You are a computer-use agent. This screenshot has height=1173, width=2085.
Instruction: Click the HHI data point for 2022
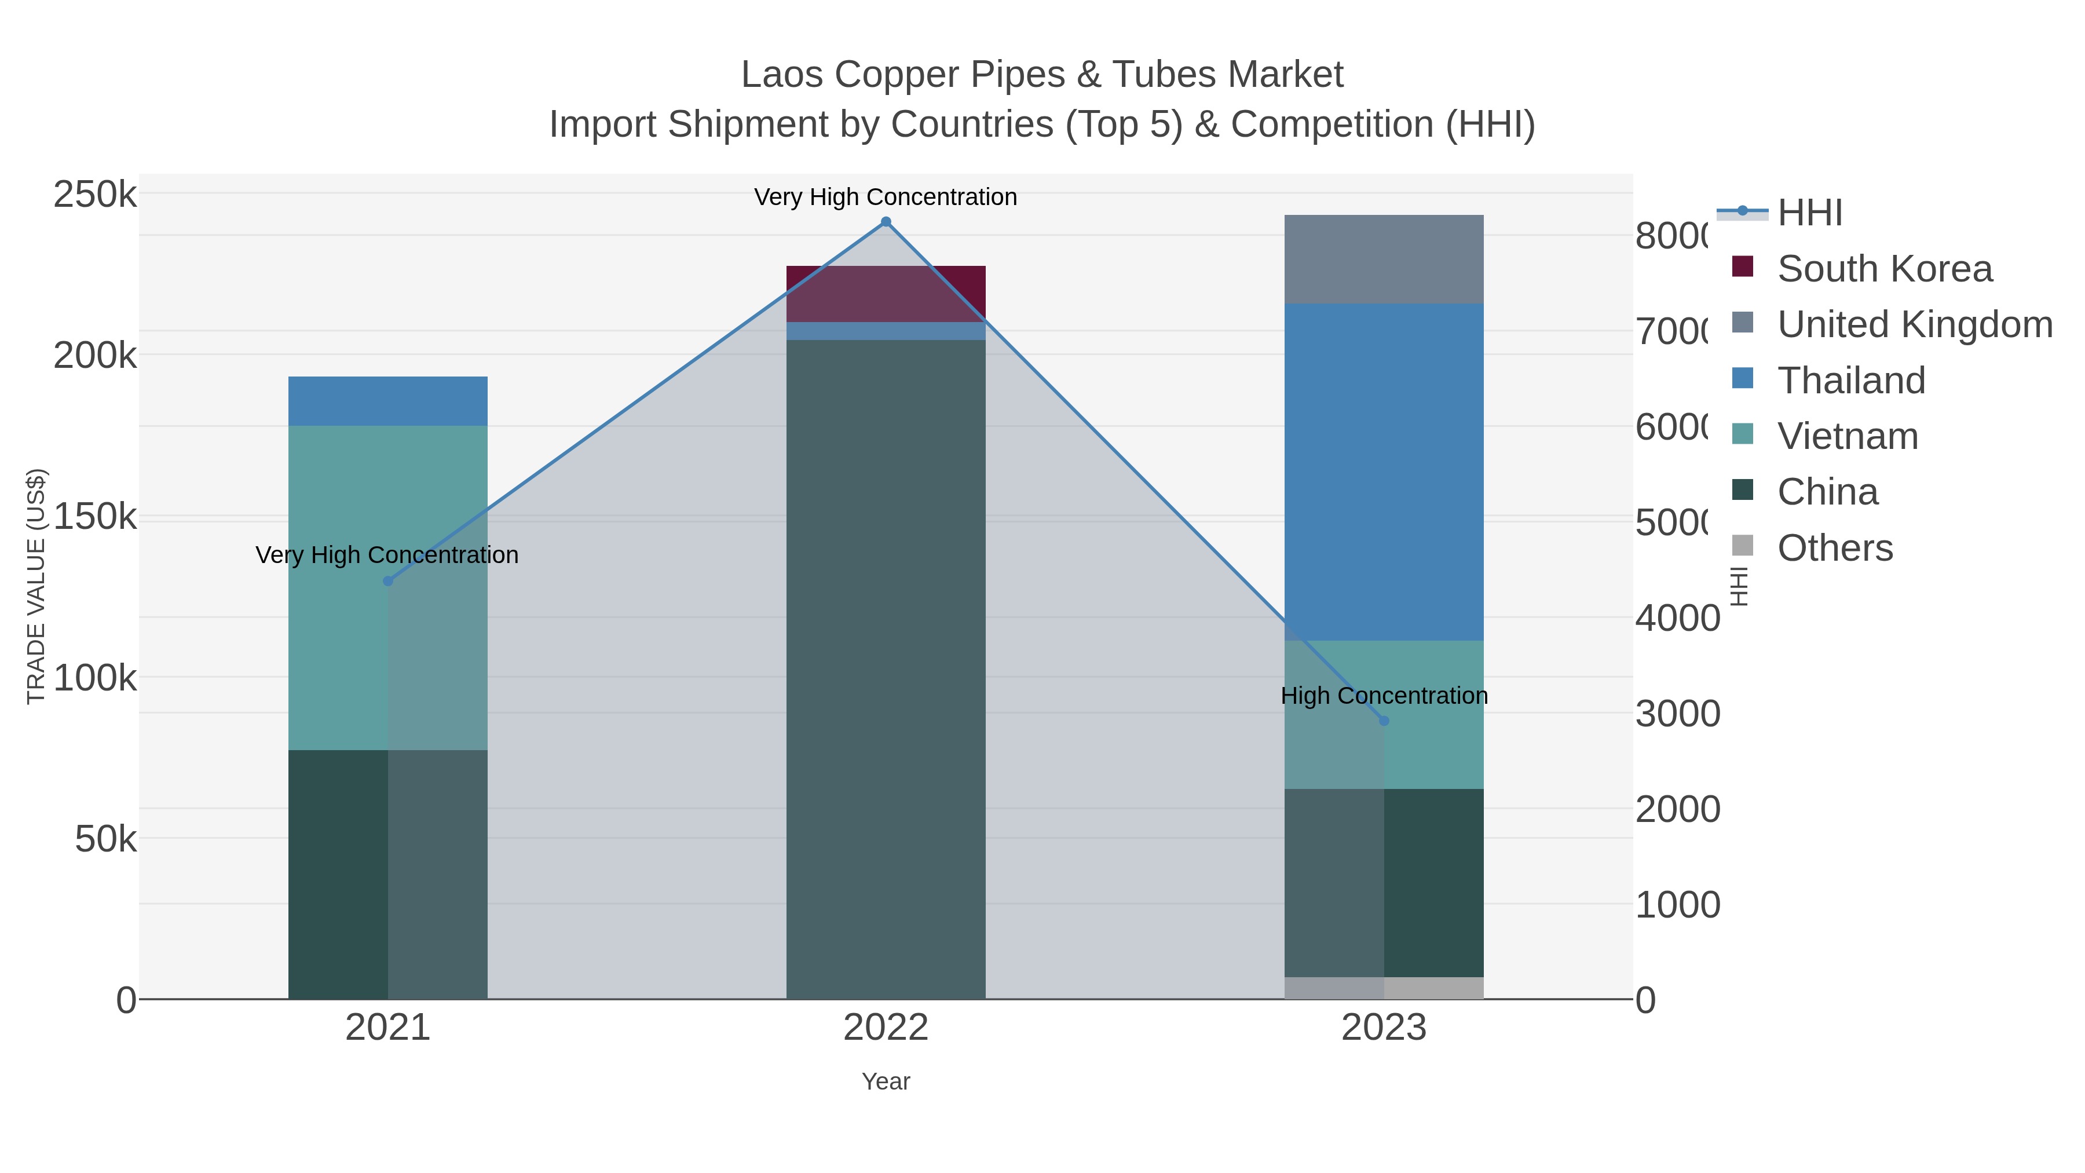[x=886, y=222]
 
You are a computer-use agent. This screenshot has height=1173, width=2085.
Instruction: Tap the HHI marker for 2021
[x=387, y=581]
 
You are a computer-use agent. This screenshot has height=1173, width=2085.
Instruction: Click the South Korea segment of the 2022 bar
[x=886, y=293]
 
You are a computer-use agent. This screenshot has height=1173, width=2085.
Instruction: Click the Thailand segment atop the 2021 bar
[x=387, y=401]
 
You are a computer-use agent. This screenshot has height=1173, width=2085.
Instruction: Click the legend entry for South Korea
[x=1884, y=269]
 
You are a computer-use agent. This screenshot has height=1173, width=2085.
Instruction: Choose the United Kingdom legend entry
[x=1914, y=324]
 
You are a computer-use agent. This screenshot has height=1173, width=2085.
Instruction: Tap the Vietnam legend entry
[x=1847, y=436]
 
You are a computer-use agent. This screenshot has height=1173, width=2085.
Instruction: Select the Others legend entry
[x=1835, y=548]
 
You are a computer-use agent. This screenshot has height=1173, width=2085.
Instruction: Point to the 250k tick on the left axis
[x=95, y=195]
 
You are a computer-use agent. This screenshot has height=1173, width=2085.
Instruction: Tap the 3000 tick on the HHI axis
[x=1677, y=714]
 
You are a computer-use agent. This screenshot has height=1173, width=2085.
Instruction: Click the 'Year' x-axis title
[x=886, y=1081]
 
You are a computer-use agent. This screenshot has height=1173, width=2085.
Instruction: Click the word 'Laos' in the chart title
[x=782, y=75]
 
